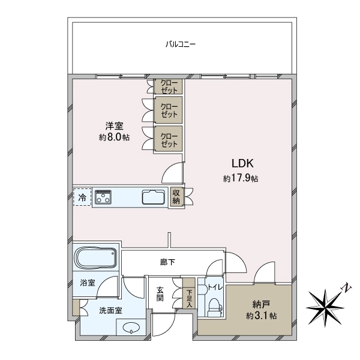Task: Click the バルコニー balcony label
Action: coord(181,44)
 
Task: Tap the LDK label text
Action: coord(242,163)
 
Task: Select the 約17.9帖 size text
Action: coord(241,178)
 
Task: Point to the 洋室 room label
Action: coord(115,126)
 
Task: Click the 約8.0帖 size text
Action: coord(115,137)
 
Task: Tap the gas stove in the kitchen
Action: coord(103,197)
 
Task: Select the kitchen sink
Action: coord(154,197)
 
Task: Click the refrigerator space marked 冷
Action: coord(82,197)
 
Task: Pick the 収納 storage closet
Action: coord(176,197)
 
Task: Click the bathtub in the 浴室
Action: coord(96,257)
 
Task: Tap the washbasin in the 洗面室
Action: coord(131,328)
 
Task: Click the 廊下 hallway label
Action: coord(167,262)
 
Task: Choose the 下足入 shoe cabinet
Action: coord(189,293)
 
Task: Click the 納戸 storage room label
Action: coord(261,305)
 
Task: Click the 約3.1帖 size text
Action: coord(261,316)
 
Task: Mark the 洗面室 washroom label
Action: coord(110,311)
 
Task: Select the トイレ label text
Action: coord(215,287)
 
